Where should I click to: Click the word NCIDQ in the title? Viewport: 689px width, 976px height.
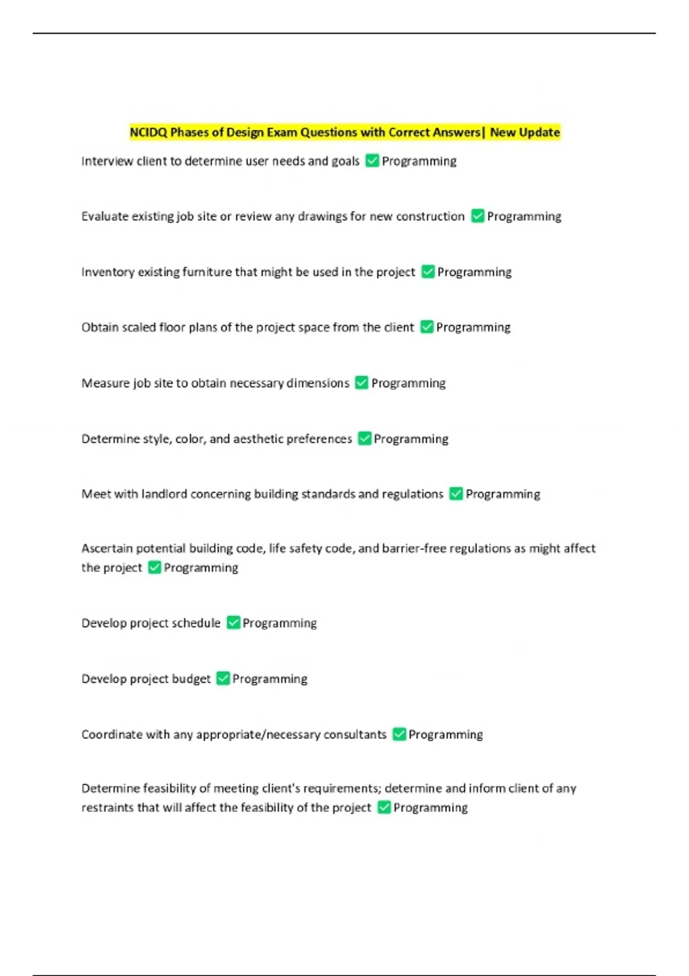148,133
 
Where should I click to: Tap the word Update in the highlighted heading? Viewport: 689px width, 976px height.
540,133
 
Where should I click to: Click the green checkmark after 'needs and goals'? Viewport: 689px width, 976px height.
372,161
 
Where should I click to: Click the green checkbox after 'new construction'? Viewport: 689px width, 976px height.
478,216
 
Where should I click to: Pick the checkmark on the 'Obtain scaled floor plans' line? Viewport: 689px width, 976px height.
427,327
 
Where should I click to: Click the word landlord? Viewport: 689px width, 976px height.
164,494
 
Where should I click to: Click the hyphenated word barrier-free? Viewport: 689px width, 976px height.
413,549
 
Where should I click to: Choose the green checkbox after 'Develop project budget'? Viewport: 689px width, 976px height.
223,679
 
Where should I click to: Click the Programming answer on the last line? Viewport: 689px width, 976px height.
430,808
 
